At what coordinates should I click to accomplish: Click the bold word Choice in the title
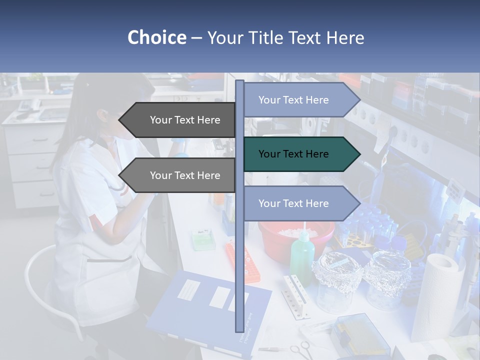click(156, 38)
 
